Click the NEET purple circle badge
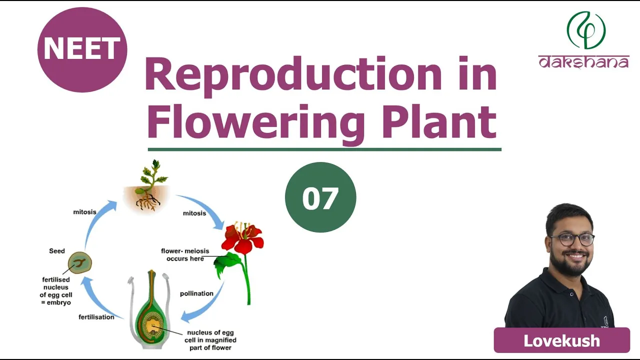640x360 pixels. point(82,49)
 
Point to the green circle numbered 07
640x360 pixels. point(320,197)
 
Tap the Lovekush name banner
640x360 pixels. point(561,340)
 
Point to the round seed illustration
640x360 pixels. point(79,263)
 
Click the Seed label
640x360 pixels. point(57,251)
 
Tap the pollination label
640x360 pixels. point(196,293)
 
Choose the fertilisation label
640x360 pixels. point(96,317)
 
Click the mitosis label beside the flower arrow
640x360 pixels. point(194,213)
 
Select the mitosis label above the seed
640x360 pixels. point(84,212)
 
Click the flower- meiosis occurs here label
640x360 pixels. point(185,254)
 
